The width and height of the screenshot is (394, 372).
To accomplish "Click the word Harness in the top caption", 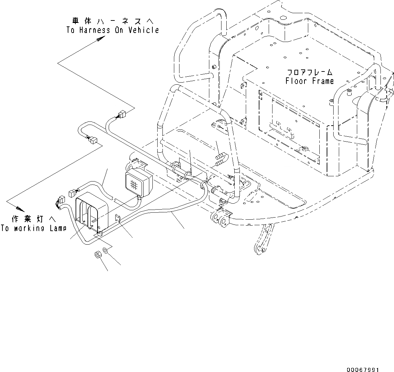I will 90,30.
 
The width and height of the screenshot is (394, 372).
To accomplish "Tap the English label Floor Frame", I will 310,81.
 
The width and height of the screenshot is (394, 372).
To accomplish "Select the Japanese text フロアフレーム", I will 310,73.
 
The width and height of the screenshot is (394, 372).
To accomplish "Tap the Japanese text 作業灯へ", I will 29,219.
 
